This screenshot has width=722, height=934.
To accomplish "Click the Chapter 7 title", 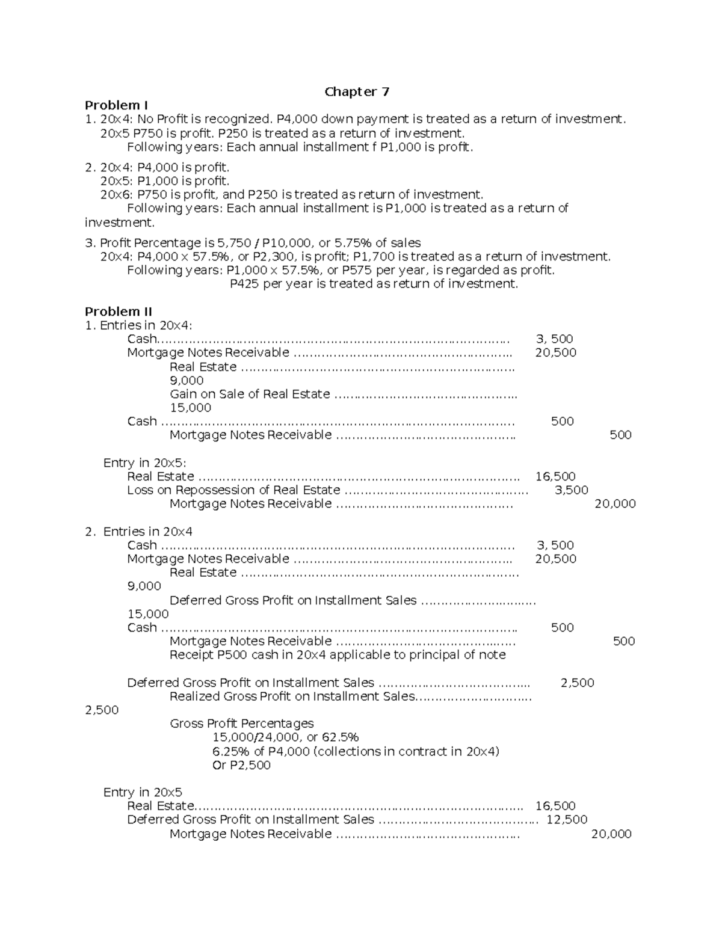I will (357, 91).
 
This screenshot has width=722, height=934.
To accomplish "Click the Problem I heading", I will (116, 105).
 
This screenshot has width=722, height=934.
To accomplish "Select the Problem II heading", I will (118, 312).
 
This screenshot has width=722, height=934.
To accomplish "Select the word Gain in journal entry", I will (183, 394).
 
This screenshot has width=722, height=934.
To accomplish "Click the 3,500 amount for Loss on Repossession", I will (571, 490).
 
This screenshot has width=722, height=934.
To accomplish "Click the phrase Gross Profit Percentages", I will (242, 724).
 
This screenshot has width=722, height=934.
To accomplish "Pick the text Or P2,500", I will (241, 765).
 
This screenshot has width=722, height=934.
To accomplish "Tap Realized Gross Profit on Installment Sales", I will (292, 696).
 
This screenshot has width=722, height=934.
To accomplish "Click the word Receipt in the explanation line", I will (191, 655).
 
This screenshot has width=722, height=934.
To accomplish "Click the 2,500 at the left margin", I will (102, 710).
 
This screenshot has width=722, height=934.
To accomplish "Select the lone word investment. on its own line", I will (119, 223).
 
